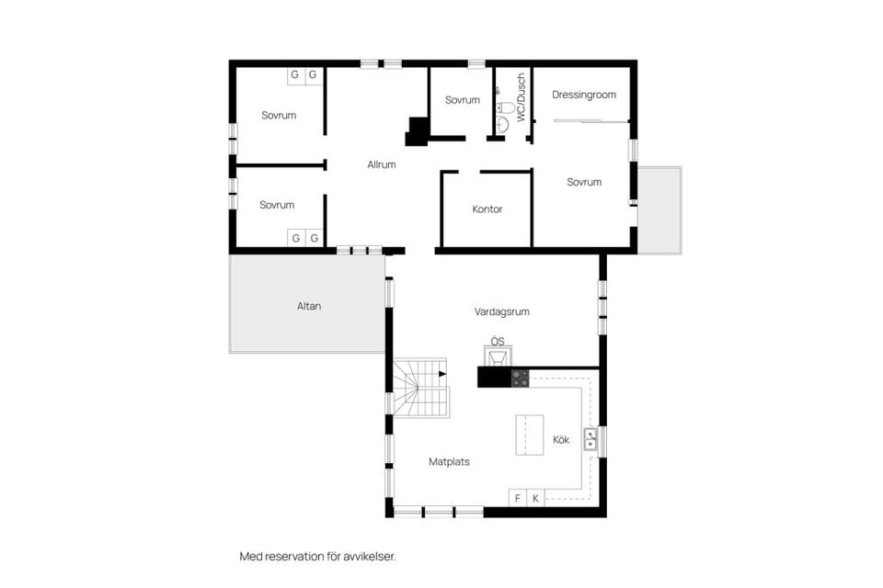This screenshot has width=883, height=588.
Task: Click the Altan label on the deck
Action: [x=309, y=306]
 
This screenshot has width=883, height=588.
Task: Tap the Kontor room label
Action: [x=487, y=209]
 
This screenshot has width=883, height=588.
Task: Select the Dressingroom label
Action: [x=583, y=95]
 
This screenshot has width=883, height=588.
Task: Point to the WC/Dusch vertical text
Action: [x=520, y=97]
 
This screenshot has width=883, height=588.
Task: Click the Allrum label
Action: [x=381, y=165]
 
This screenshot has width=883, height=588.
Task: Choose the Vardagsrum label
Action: [x=501, y=312]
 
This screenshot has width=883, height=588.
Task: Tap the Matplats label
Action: [x=449, y=462]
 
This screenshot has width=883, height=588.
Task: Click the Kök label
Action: [x=561, y=440]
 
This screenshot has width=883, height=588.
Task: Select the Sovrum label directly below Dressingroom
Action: [x=583, y=182]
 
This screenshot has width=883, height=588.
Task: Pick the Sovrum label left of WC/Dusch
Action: [x=462, y=100]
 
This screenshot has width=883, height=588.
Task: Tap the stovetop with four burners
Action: [x=520, y=377]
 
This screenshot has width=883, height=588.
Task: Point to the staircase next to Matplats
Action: [x=420, y=388]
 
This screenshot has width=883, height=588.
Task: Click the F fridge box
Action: [x=518, y=499]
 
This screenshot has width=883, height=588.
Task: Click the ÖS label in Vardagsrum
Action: [x=498, y=342]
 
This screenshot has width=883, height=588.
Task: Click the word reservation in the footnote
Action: [x=296, y=557]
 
